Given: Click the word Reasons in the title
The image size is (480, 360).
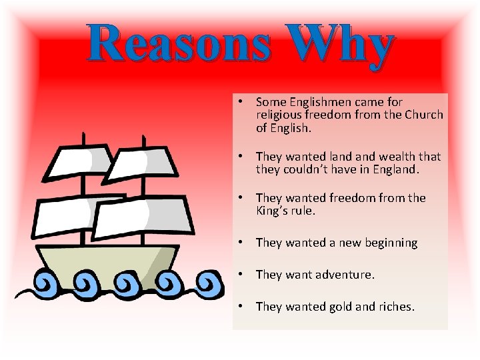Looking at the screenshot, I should tap(179, 44).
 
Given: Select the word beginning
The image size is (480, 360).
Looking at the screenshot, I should tap(389, 243).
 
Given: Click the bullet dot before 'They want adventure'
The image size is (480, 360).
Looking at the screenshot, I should tap(238, 274).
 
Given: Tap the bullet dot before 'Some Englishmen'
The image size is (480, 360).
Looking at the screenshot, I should tap(238, 101).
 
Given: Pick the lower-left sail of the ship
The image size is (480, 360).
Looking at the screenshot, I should tap(63, 216).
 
